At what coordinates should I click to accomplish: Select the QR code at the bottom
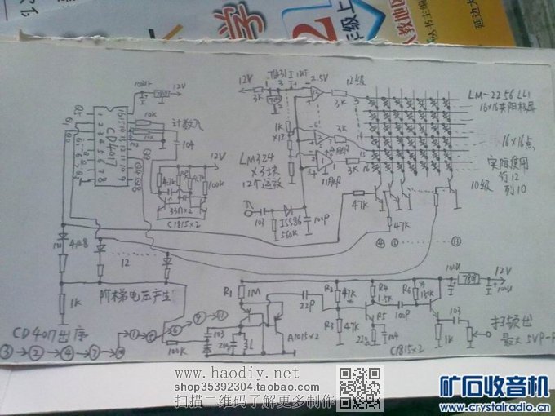[360, 388]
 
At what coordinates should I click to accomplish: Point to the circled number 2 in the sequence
[37, 353]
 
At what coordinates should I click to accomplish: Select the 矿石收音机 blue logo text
[493, 385]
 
